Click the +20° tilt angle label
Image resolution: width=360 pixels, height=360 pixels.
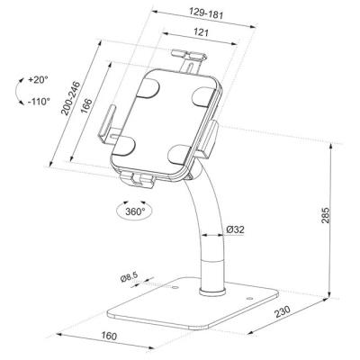38,79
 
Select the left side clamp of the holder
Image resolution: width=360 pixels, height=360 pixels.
107,126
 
